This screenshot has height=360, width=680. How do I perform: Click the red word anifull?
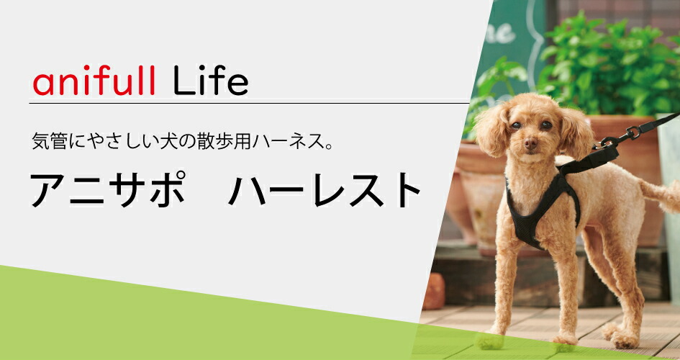click(94, 84)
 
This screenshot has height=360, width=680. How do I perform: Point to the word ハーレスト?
click(325, 191)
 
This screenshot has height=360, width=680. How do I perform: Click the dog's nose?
click(531, 143)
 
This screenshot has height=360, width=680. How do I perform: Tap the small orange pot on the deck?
click(433, 292)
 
